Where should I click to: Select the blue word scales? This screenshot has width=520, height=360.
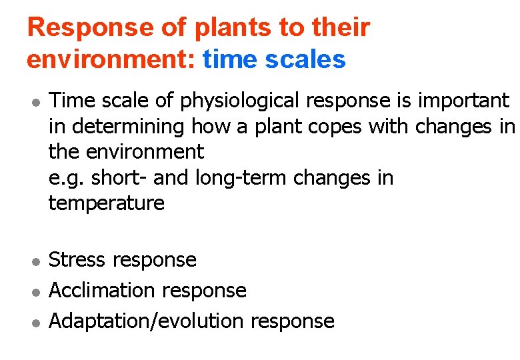tap(305, 59)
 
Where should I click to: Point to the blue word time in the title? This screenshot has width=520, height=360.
tap(231, 59)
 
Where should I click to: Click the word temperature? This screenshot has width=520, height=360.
tap(107, 203)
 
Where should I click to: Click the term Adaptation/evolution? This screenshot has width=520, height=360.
tap(147, 321)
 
